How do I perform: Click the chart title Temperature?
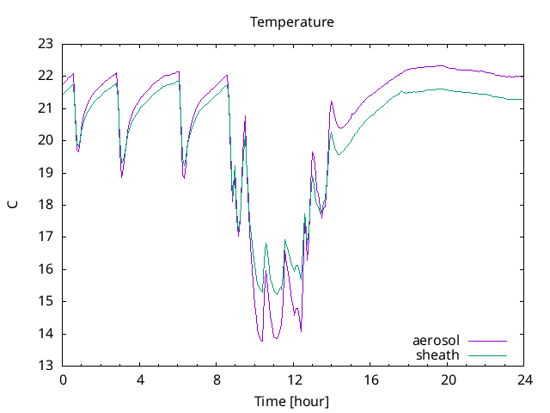pos(291,22)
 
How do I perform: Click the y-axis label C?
pos(12,204)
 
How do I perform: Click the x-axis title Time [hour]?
pos(291,402)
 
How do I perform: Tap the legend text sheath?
pos(437,354)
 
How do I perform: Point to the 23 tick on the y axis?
pos(45,44)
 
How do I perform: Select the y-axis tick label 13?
pos(45,366)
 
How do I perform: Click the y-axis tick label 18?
pos(45,205)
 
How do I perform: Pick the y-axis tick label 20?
pos(45,140)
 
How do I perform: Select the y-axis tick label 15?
pos(45,301)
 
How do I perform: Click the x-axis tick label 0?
pos(62,379)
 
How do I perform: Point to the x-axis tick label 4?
pos(139,379)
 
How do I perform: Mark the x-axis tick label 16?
pos(371,379)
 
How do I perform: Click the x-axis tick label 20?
pos(449,379)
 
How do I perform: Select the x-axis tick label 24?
pos(525,379)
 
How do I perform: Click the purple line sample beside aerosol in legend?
pos(486,341)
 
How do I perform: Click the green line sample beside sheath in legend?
pos(486,354)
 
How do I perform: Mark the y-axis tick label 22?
pos(45,76)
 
